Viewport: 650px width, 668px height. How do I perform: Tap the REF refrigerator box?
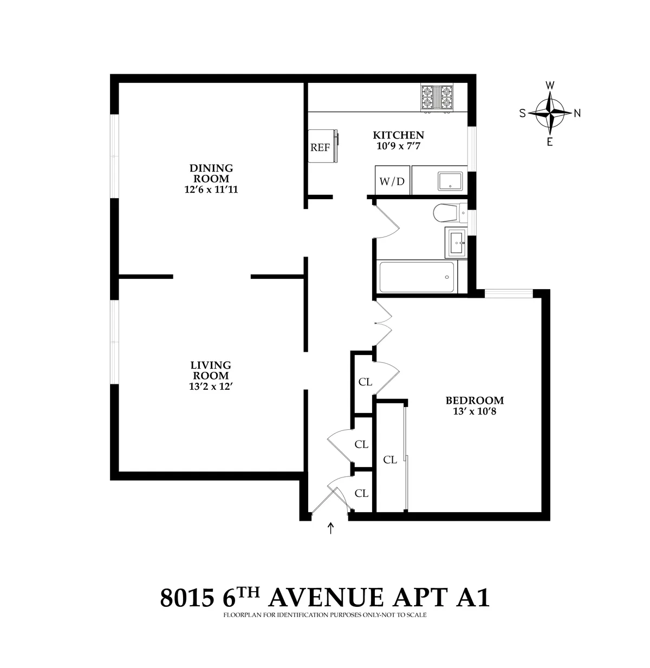point(322,147)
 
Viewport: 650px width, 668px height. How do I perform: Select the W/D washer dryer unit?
point(392,181)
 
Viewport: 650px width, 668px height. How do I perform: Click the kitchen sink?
point(450,181)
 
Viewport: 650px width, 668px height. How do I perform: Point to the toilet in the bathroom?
point(447,213)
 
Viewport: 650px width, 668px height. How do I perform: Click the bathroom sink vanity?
point(456,243)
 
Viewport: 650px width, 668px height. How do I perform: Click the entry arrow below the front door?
point(330,528)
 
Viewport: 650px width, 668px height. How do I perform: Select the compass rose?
point(550,113)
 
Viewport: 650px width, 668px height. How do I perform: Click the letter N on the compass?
point(577,113)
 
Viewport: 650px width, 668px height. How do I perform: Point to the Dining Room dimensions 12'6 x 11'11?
point(211,189)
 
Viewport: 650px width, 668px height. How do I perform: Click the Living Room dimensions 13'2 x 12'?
point(210,387)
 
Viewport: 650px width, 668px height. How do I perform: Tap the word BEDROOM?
point(474,401)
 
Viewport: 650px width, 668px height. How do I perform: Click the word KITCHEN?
point(398,135)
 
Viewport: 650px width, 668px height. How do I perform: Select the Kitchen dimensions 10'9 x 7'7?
point(398,146)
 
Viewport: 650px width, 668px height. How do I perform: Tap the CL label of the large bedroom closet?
point(390,460)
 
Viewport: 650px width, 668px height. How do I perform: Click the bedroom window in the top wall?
point(509,293)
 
